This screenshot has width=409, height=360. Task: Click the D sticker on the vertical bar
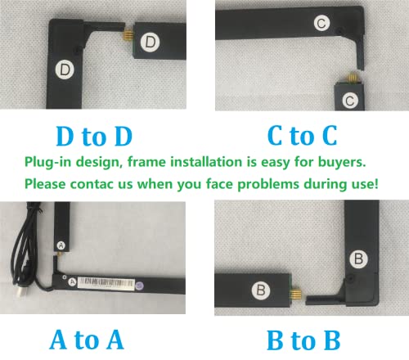coord(65,70)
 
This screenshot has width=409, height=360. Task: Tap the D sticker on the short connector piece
coord(150,43)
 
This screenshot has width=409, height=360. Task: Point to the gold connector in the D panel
coord(128,34)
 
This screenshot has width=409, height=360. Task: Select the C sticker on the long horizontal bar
coord(321,23)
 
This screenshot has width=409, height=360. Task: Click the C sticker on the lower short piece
coord(350,101)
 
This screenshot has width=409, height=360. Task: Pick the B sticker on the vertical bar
coord(358,259)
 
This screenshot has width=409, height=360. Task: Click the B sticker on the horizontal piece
coord(261,290)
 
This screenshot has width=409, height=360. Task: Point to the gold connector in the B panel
coord(295,295)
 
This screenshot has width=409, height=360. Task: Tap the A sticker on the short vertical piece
coord(61,245)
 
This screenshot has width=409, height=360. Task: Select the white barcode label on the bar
coord(106,284)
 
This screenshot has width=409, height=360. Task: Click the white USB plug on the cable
coord(21,292)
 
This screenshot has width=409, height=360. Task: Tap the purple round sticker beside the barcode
coord(139,286)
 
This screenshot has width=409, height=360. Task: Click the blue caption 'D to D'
coord(94,136)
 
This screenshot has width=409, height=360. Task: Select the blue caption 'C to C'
coord(303,136)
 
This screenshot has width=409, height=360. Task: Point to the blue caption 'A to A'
coord(87,340)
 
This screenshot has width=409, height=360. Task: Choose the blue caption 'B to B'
coord(303,340)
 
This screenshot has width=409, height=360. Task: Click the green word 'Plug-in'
coord(48,162)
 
